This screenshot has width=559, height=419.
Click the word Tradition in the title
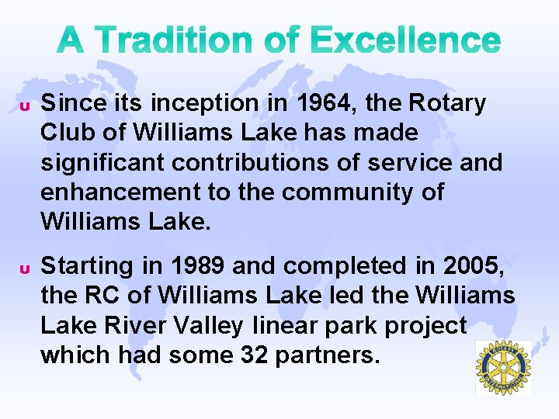(x=182, y=40)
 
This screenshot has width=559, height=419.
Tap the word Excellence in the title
(x=404, y=40)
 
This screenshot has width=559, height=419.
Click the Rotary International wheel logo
(x=502, y=368)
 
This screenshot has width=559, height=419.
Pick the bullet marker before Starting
(x=24, y=268)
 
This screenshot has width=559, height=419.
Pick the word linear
(x=289, y=325)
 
